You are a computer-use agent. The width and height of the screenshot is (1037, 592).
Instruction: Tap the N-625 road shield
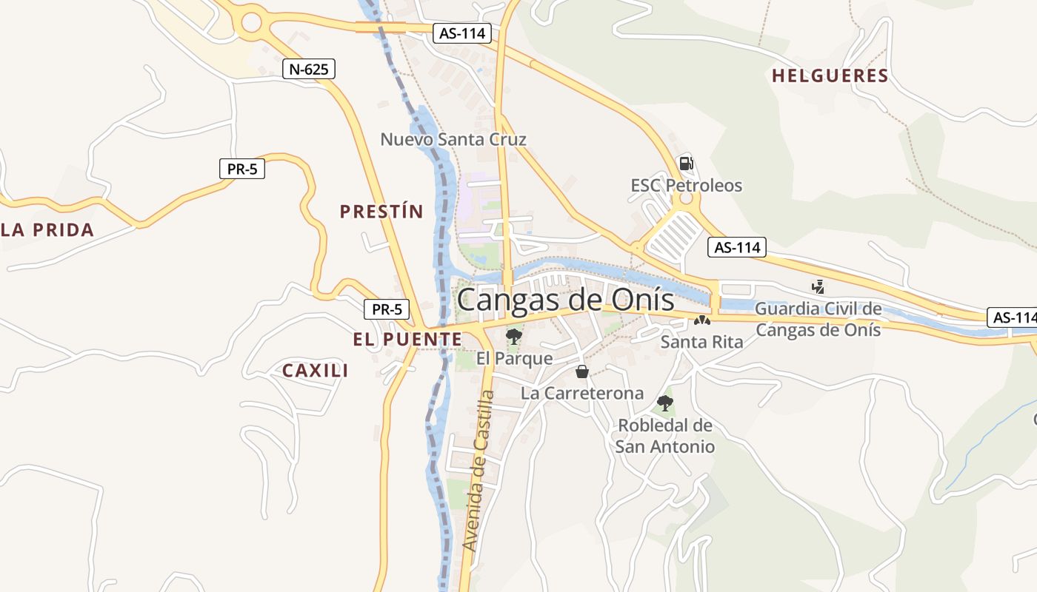click(309, 70)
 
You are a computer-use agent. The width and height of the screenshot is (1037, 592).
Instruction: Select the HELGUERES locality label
click(830, 75)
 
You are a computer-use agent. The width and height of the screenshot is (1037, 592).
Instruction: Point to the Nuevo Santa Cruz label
click(453, 139)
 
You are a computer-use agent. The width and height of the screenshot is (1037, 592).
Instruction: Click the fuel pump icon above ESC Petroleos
click(687, 163)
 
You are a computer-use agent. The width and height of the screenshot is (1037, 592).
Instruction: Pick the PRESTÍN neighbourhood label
click(381, 212)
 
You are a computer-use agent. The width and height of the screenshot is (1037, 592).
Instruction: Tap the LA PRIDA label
click(48, 229)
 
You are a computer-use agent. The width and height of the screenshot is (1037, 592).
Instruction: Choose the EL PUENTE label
click(407, 340)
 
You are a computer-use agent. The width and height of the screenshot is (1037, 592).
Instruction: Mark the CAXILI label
click(316, 371)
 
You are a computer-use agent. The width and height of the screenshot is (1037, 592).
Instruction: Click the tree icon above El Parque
click(513, 337)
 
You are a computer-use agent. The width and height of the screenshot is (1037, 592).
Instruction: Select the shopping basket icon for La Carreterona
click(582, 371)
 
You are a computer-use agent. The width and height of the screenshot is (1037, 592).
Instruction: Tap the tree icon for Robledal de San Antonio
click(665, 403)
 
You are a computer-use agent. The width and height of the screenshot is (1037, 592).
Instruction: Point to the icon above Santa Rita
click(701, 321)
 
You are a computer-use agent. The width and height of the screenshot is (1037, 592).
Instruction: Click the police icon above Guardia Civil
click(818, 286)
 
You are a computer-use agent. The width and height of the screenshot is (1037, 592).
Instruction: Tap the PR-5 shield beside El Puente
click(387, 309)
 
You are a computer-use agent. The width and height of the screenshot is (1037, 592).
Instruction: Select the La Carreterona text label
click(582, 393)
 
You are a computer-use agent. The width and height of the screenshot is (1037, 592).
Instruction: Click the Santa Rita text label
click(701, 342)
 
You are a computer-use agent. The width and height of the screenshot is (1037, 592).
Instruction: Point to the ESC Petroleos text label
click(687, 185)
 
